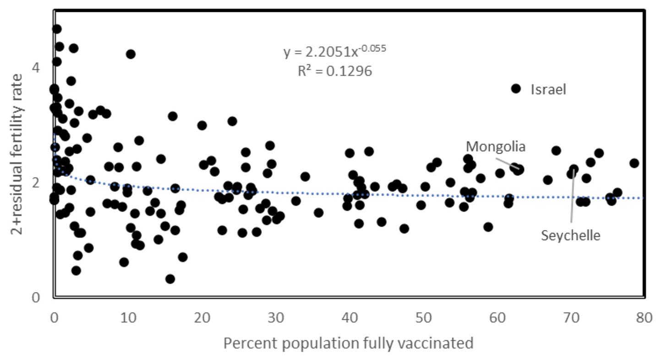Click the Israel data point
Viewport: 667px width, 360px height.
pyautogui.click(x=516, y=89)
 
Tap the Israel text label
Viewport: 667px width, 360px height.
pyautogui.click(x=548, y=90)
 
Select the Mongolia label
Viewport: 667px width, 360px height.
pyautogui.click(x=496, y=147)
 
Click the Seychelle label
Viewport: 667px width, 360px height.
pyautogui.click(x=570, y=236)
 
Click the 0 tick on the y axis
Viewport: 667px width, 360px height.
pyautogui.click(x=36, y=298)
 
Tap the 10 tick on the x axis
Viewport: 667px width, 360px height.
pyautogui.click(x=128, y=317)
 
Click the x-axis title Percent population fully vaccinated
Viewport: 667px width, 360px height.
pyautogui.click(x=348, y=343)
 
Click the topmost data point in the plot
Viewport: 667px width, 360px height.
pyautogui.click(x=57, y=29)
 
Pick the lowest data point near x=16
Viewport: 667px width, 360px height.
pyautogui.click(x=170, y=279)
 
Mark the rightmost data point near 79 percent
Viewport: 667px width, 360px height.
pyautogui.click(x=634, y=163)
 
